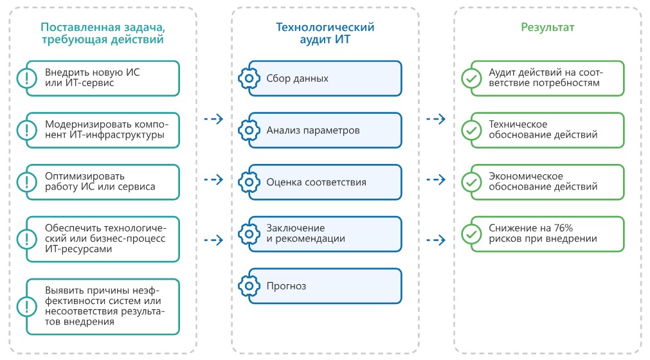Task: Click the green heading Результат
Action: pyautogui.click(x=547, y=28)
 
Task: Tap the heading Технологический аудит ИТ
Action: pyautogui.click(x=325, y=33)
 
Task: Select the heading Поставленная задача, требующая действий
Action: pyautogui.click(x=102, y=33)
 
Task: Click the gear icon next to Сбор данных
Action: pyautogui.click(x=248, y=78)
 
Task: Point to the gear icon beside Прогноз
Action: pyautogui.click(x=248, y=285)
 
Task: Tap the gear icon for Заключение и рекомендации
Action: pyautogui.click(x=248, y=233)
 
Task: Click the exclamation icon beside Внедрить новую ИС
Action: pyautogui.click(x=26, y=78)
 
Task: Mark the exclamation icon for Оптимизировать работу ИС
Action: pyautogui.click(x=26, y=182)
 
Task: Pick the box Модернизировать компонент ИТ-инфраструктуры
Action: pyautogui.click(x=103, y=130)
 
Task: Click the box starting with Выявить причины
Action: pyautogui.click(x=103, y=307)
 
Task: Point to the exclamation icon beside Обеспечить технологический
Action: pyautogui.click(x=26, y=239)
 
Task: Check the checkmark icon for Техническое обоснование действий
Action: pyautogui.click(x=471, y=130)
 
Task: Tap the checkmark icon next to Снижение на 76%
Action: pyautogui.click(x=471, y=233)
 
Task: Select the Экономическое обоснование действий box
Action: pyautogui.click(x=547, y=182)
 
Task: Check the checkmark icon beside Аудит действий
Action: pyautogui.click(x=471, y=78)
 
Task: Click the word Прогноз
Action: pyautogui.click(x=287, y=285)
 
